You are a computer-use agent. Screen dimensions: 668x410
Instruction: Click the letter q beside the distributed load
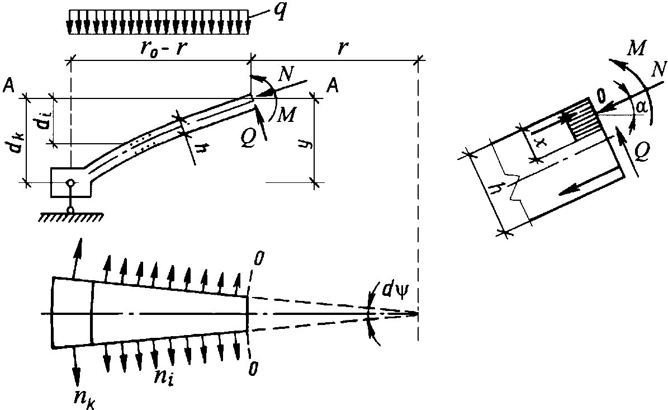pos(280,14)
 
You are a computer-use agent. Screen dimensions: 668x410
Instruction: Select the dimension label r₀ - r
pos(164,49)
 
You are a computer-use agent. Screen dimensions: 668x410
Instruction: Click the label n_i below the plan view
pos(164,375)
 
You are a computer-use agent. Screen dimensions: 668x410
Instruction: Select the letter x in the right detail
pos(539,143)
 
